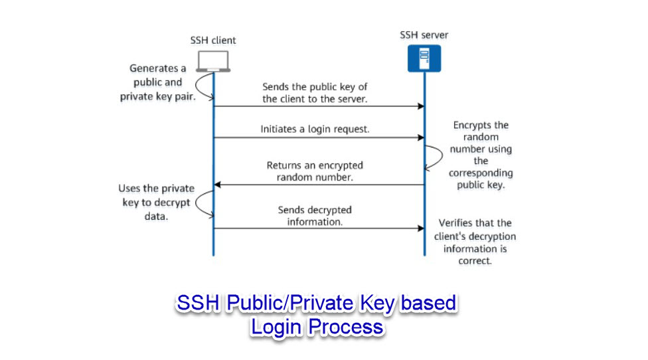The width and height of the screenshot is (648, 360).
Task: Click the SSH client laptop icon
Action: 213,61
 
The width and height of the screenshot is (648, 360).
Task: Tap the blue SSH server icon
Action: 424,58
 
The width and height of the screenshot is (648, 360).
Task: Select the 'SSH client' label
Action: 213,40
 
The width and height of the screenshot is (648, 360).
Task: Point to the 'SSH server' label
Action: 424,35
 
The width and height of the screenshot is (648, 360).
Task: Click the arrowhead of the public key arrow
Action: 421,106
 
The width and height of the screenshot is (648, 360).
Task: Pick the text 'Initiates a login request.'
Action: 315,129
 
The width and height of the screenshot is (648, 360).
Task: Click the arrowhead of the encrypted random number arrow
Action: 217,185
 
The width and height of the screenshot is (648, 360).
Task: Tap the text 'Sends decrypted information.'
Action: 315,216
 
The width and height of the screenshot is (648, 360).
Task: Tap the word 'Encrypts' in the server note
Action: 472,126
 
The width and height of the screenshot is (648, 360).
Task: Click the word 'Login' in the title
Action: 276,327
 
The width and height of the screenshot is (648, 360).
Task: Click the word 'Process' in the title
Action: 346,327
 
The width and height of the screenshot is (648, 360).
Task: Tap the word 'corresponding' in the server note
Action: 481,173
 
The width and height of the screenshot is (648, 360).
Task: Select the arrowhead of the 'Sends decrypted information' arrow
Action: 421,228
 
